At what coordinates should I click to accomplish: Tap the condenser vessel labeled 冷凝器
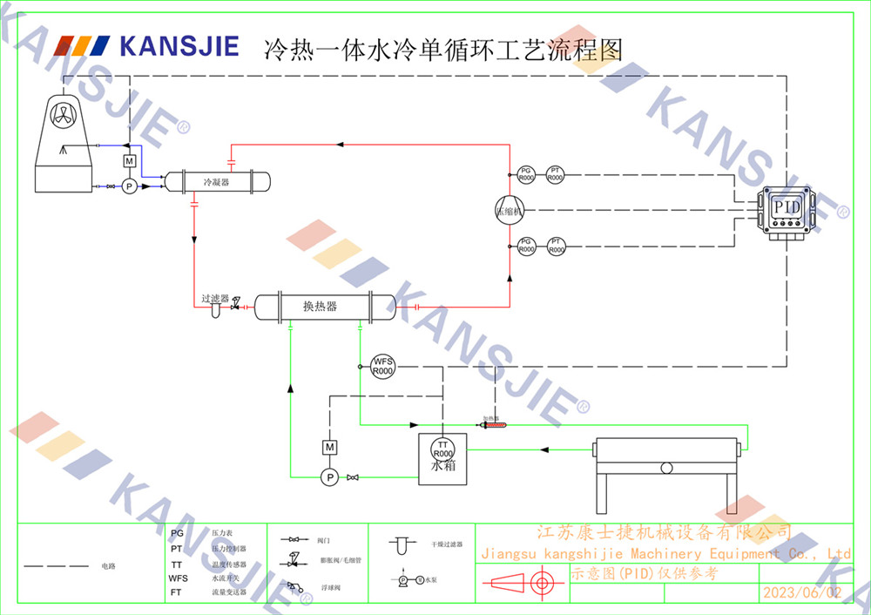(217, 182)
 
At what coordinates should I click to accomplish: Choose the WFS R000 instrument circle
(383, 366)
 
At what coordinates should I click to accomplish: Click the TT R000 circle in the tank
(443, 449)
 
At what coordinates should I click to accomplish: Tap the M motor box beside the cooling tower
(129, 161)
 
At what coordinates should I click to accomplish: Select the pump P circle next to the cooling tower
(129, 186)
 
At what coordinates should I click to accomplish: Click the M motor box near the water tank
(329, 447)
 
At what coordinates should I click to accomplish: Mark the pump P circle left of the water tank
(329, 476)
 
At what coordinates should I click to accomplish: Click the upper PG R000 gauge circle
(526, 174)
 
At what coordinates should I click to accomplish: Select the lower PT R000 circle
(557, 246)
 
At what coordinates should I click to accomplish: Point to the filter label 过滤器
(215, 298)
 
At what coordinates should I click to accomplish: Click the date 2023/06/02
(802, 592)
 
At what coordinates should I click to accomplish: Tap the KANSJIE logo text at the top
(179, 45)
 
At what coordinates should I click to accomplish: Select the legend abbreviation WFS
(178, 578)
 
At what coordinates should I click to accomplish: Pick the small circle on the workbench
(666, 468)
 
